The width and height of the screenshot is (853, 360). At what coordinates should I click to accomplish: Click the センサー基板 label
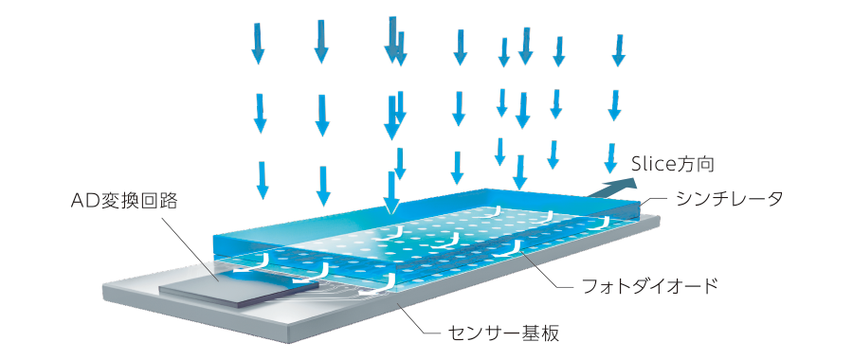[493, 333]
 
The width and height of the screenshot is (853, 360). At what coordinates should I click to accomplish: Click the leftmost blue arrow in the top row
[257, 43]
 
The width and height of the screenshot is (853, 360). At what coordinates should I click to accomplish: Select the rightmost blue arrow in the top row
[619, 49]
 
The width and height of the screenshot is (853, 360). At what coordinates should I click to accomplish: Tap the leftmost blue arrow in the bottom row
[262, 180]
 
